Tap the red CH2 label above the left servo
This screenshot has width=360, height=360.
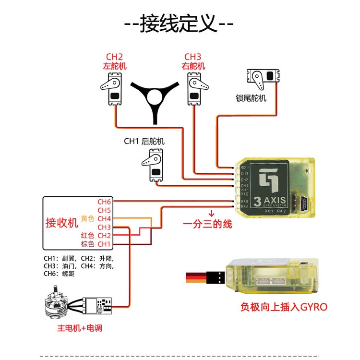tap(115, 57)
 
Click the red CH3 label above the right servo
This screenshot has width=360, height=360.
tap(193, 57)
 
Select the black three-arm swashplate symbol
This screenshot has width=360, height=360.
tap(154, 99)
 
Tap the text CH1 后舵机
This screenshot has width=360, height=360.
tap(144, 141)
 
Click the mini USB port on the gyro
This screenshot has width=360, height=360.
tap(305, 202)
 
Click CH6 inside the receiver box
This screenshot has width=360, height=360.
tap(104, 202)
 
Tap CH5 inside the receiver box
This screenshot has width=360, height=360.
tap(104, 210)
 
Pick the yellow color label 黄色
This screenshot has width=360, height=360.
tap(87, 219)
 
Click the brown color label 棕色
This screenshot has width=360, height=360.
tap(87, 244)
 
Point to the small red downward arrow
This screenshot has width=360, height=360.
tap(210, 213)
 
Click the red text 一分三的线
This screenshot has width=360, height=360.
tap(207, 224)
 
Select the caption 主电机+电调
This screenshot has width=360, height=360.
tap(80, 328)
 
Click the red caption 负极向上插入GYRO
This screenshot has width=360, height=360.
tap(284, 307)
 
